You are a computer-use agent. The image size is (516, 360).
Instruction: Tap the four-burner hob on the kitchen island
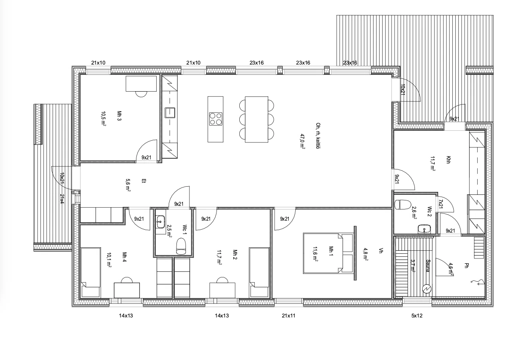point(216,119)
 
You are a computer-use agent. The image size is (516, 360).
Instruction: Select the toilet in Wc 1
point(181,246)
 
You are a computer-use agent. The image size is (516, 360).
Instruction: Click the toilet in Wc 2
point(402,204)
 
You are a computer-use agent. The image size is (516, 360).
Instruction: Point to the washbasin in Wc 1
point(161,222)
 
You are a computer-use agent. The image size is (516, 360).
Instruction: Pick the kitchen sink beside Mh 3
point(170,113)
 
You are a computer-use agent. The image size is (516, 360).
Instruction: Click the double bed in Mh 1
point(328,253)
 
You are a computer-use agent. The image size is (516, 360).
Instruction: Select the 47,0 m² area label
point(302,141)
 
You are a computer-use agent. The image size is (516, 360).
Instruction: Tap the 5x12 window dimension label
point(417,316)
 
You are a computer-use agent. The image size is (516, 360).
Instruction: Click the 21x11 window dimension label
point(288,316)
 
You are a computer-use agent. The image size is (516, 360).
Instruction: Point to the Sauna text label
point(427,266)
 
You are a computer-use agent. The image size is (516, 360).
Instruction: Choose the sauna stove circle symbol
point(426,288)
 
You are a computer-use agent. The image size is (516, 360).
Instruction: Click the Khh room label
point(448,160)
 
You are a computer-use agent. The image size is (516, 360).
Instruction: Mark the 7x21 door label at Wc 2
point(441,204)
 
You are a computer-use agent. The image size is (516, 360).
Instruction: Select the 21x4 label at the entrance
point(62,199)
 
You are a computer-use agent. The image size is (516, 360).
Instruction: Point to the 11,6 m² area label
point(315,254)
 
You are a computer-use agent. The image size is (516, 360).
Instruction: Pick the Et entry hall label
point(143,181)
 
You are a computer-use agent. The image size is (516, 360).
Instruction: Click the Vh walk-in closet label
point(381,251)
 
